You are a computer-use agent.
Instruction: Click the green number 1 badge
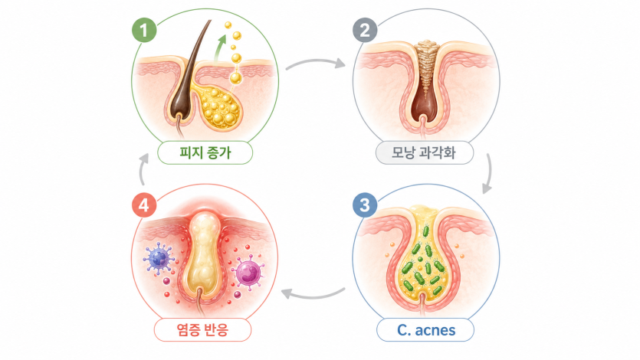click(144, 30)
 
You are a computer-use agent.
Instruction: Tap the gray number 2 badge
click(365, 30)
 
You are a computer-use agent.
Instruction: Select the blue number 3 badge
click(365, 205)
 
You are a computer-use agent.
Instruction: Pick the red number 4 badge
click(144, 205)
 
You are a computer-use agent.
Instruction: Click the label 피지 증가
click(205, 152)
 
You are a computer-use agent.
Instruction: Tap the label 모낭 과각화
click(424, 152)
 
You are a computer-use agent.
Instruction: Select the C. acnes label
click(425, 330)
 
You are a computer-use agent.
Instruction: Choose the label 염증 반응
click(202, 330)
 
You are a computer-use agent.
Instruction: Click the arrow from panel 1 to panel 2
click(315, 61)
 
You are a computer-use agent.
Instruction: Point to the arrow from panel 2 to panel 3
click(488, 173)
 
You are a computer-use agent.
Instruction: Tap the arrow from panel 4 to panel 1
click(142, 169)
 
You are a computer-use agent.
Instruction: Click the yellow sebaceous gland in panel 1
click(219, 107)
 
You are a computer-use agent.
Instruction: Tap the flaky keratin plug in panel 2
click(425, 67)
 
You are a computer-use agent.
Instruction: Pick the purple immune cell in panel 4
click(248, 273)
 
